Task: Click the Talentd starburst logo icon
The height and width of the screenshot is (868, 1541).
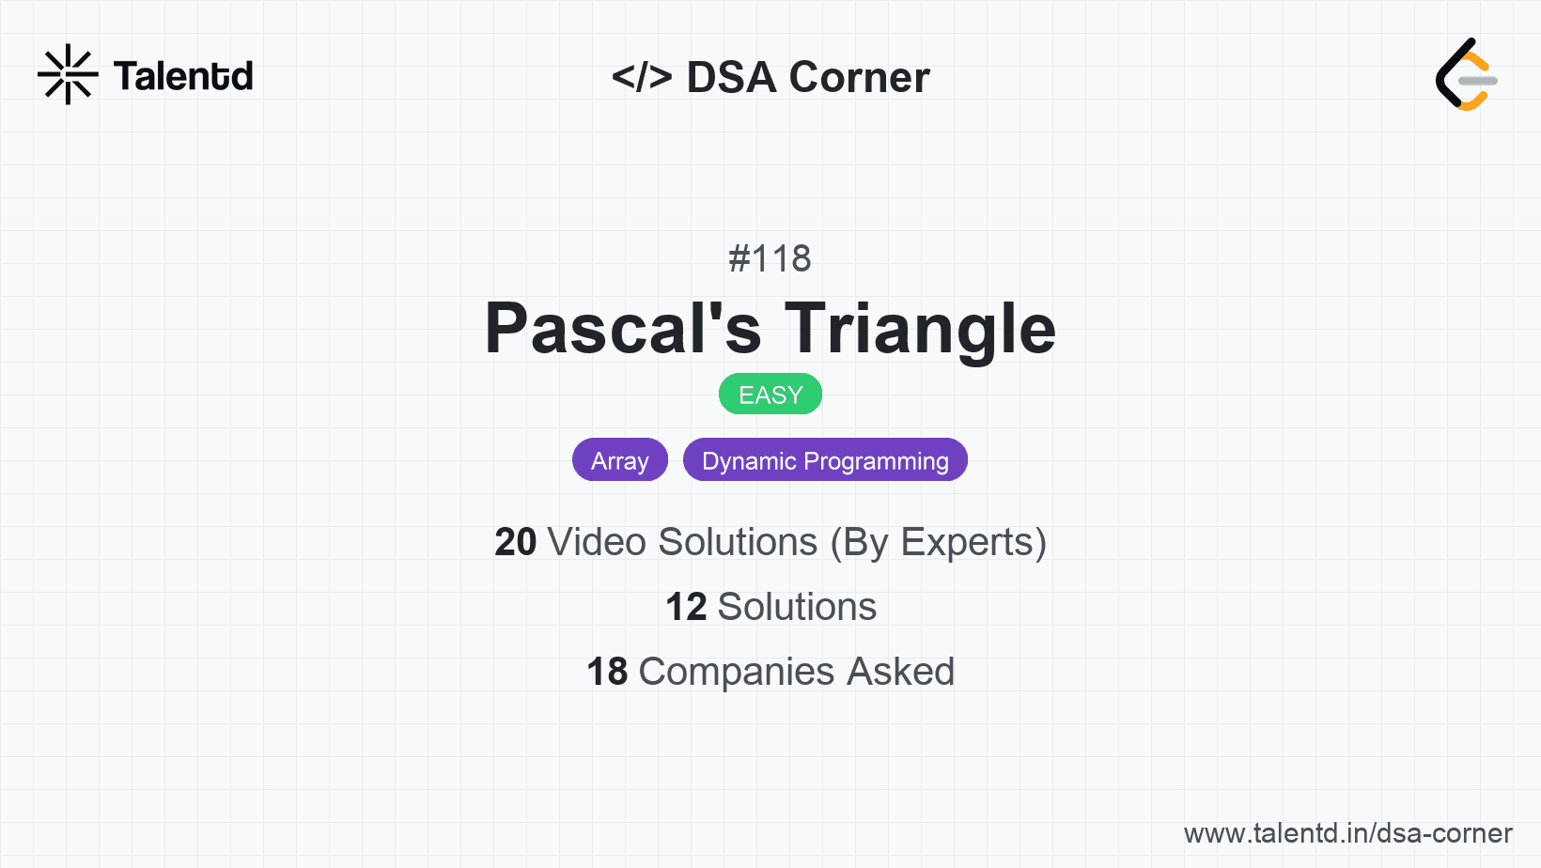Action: point(68,74)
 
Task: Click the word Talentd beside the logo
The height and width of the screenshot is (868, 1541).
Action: point(183,76)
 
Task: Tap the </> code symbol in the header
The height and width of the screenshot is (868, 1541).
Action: point(642,77)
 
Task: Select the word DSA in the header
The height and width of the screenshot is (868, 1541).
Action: point(731,77)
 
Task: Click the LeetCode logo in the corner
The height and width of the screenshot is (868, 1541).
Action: point(1466,75)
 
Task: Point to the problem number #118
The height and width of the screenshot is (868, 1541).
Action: point(770,258)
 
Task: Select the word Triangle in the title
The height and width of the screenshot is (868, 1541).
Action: point(920,329)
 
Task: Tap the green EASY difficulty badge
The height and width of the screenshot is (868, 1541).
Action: point(770,395)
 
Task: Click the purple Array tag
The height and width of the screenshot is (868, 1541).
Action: point(620,460)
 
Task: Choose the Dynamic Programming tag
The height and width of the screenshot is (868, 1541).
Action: point(825,460)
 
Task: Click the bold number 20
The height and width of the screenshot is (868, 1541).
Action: point(515,542)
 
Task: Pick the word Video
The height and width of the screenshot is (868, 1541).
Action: point(597,542)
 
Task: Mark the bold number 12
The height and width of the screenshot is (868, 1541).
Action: point(686,607)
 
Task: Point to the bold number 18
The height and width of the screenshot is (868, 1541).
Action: point(607,672)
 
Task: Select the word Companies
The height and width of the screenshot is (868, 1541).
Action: point(737,672)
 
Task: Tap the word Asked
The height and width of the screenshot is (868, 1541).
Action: point(900,672)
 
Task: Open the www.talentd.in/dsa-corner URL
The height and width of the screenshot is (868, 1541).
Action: point(1347,833)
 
